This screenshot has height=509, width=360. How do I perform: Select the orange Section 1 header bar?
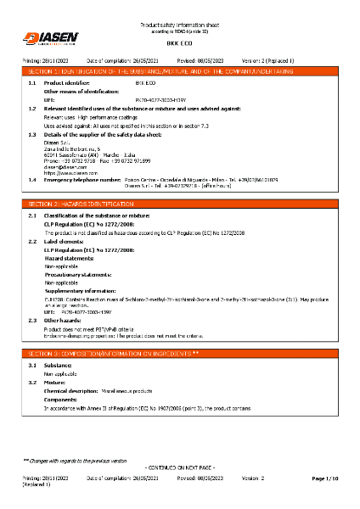[x=179, y=73]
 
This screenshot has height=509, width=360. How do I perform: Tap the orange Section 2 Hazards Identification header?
[x=179, y=205]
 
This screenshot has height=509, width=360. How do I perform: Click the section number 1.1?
[x=33, y=84]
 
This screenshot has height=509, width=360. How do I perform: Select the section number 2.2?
[x=33, y=241]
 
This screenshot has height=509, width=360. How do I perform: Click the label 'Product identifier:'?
[x=65, y=84]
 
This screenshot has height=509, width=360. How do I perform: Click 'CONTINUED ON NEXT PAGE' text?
[x=180, y=467]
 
